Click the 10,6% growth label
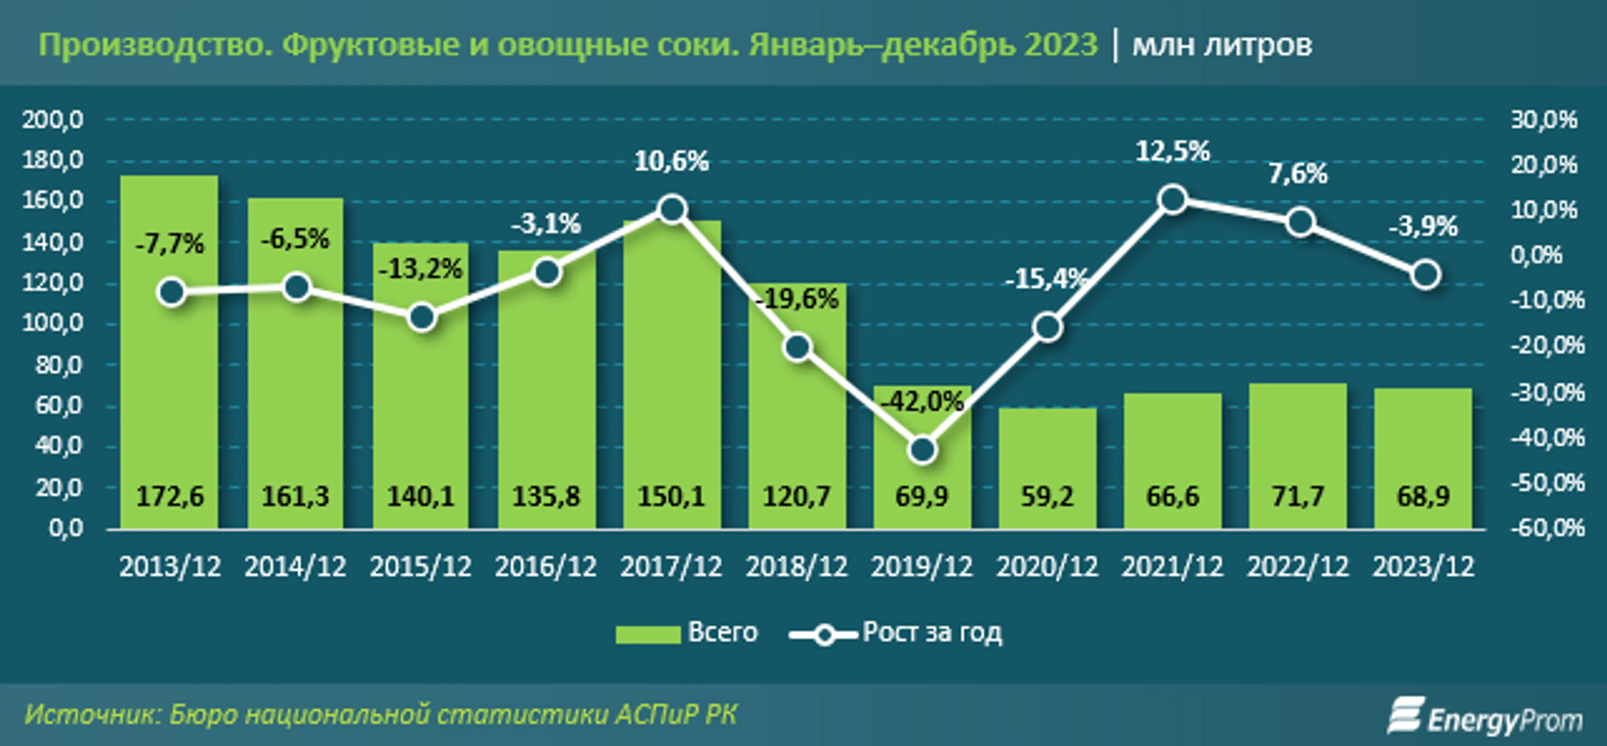point(671,162)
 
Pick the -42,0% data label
point(922,401)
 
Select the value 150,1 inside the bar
point(671,497)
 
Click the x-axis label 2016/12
point(546,567)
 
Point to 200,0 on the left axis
point(53,119)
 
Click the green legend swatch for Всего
point(647,634)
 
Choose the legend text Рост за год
point(932,633)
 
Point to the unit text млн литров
point(1222,45)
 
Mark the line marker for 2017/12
point(672,209)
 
